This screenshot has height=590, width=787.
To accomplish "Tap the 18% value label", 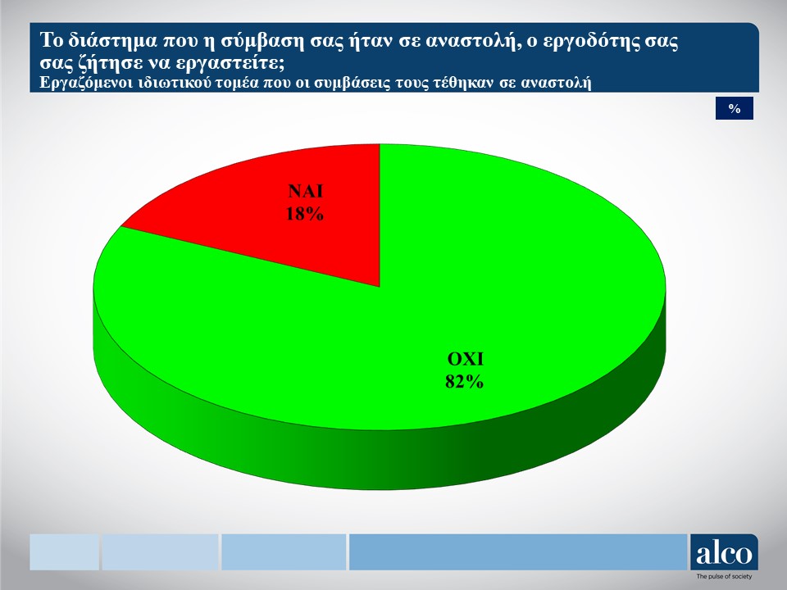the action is pyautogui.click(x=305, y=214).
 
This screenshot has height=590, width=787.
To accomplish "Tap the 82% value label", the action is pyautogui.click(x=464, y=382).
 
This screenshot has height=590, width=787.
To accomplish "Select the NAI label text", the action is pyautogui.click(x=305, y=191).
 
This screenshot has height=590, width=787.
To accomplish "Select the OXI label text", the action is pyautogui.click(x=466, y=359).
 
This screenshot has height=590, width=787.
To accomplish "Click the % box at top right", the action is pyautogui.click(x=735, y=108).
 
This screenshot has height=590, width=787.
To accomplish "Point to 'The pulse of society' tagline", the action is pyautogui.click(x=724, y=576).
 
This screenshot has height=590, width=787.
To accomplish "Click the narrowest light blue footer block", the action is pyautogui.click(x=64, y=551).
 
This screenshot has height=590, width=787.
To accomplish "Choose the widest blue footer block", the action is pyautogui.click(x=518, y=551).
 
